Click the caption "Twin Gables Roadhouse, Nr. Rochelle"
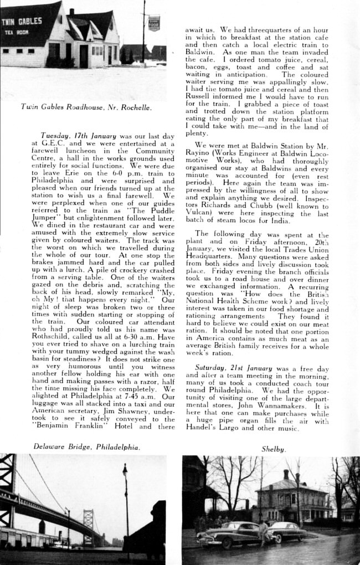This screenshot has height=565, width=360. [86, 107]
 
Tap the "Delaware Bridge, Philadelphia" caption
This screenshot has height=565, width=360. [86, 446]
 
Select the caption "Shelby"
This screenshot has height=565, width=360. [274, 449]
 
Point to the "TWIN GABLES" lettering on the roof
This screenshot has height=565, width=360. [22, 22]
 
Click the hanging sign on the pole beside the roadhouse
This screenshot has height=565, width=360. [154, 23]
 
